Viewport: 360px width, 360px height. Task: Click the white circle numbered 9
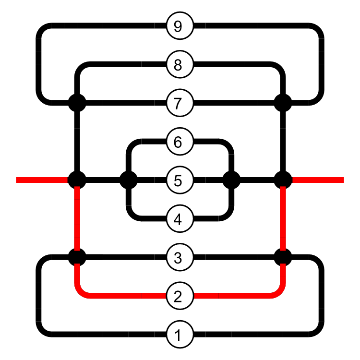pos(180,26)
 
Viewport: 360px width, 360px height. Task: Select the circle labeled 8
pos(180,64)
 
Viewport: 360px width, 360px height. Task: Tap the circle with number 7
pos(180,103)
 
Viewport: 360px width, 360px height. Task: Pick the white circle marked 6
pos(180,142)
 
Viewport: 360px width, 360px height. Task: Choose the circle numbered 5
pos(180,180)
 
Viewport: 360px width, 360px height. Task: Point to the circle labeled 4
pos(180,219)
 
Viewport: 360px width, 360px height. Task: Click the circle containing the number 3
pos(180,258)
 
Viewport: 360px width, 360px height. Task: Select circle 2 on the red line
pos(180,296)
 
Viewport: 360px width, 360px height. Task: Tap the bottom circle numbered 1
pos(180,335)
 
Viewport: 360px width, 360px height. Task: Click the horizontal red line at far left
pos(41,180)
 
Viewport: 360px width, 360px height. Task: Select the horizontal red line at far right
pos(318,180)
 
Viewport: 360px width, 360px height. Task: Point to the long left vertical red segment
pos(77,218)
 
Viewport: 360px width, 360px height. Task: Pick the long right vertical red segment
pos(283,218)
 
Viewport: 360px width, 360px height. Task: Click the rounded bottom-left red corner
pos(82,290)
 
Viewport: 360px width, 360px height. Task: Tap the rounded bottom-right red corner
pos(278,290)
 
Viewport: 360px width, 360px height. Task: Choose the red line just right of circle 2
pos(206,296)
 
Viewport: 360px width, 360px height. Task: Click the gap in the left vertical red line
pos(77,257)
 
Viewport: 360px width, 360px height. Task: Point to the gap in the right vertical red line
pos(283,257)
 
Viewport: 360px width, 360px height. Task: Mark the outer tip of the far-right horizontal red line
pos(343,180)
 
